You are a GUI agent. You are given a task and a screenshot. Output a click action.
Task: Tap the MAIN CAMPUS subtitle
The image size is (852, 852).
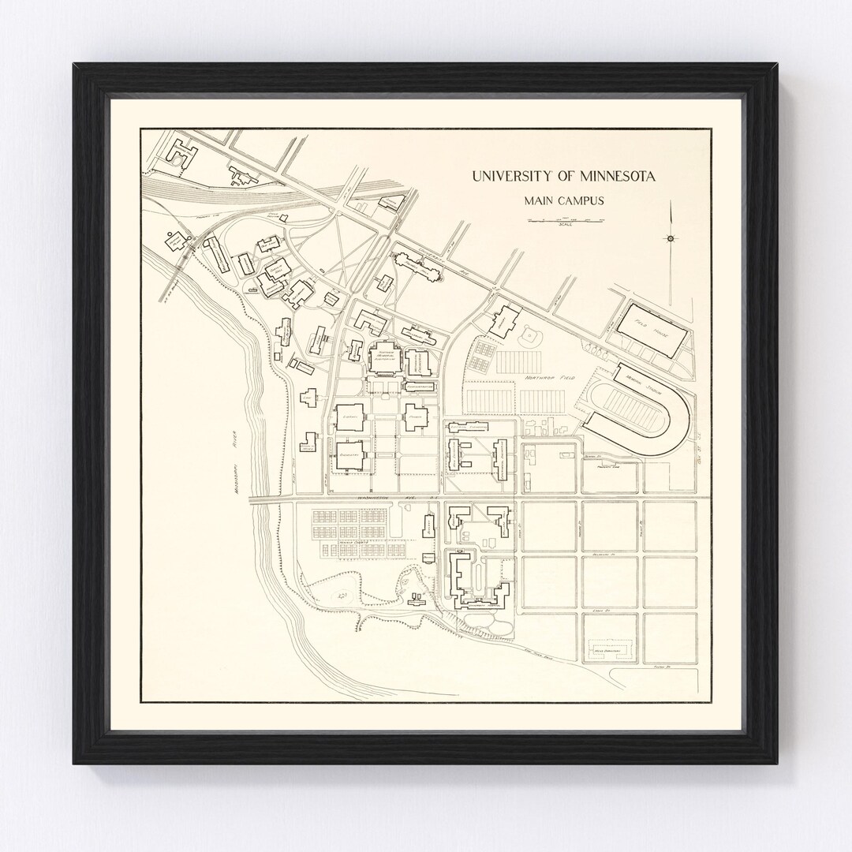(x=564, y=200)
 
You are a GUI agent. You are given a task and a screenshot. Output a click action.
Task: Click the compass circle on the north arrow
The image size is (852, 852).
(x=670, y=238)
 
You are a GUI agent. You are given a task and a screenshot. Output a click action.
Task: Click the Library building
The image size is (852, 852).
(x=350, y=416)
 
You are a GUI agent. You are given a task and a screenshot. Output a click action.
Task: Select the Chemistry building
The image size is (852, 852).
(x=350, y=457)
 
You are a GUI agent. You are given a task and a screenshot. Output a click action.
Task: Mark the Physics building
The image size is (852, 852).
(x=416, y=416)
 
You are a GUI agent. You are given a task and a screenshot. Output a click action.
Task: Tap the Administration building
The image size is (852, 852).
(x=418, y=387)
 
